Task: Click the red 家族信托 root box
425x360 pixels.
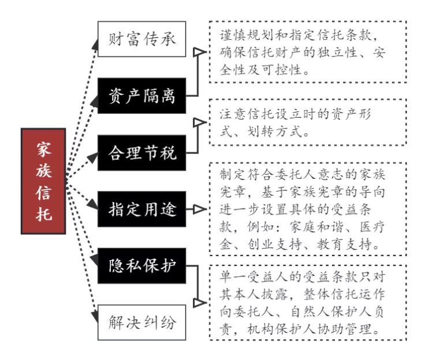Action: (43, 181)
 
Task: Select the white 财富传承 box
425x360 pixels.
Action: (141, 39)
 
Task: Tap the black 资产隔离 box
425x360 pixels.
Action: (141, 96)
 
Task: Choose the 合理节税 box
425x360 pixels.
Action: (141, 153)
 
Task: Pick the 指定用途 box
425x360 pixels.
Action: (141, 209)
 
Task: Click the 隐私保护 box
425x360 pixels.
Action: (141, 266)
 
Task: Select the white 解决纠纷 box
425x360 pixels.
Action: (141, 322)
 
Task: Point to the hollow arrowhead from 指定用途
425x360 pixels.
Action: (200, 209)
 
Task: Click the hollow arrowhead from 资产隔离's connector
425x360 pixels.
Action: (200, 52)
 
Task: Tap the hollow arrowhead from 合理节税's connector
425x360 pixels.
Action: (200, 122)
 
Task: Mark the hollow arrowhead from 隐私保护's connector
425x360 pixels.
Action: (200, 302)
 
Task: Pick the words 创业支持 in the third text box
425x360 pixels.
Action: (274, 245)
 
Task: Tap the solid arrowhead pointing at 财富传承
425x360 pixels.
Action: (95, 44)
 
